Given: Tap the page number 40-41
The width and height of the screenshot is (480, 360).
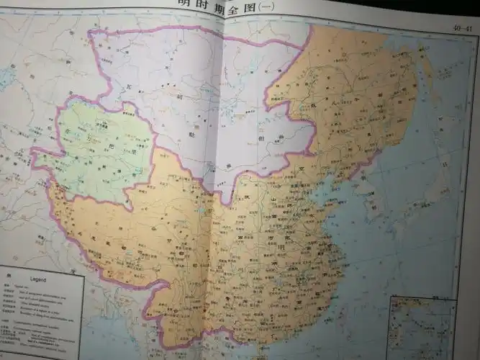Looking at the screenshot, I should click(x=463, y=28).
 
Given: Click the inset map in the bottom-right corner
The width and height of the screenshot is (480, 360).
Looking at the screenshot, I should click(x=421, y=327).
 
